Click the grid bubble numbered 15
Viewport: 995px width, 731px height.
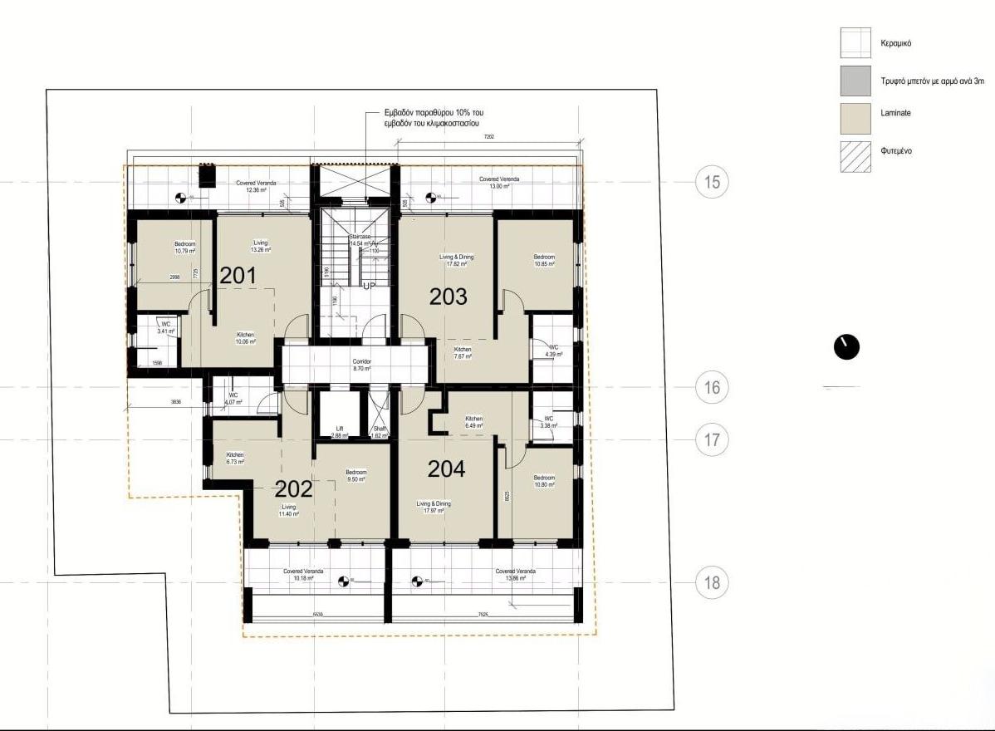point(712,182)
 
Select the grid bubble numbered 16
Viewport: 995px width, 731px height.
point(712,387)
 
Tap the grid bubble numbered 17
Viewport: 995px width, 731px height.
point(712,439)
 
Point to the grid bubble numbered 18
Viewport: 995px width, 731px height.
point(712,582)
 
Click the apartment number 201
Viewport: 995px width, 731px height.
point(238,276)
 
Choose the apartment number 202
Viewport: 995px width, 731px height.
point(294,489)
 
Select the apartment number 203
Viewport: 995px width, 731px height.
point(448,296)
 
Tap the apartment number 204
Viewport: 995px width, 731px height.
point(446,469)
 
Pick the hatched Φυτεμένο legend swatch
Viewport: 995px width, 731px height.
point(855,156)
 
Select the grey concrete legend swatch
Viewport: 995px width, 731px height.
point(855,81)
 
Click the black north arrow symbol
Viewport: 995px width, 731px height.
point(846,347)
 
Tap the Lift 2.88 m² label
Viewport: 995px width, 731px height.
point(339,431)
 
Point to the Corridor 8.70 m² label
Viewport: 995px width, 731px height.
point(361,365)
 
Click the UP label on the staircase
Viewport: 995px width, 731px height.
point(370,286)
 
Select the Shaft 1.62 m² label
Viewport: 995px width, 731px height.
point(380,431)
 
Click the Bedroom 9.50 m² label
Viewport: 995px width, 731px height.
point(356,476)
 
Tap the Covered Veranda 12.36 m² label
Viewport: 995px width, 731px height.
point(256,186)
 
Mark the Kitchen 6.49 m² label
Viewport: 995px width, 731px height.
point(473,422)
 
